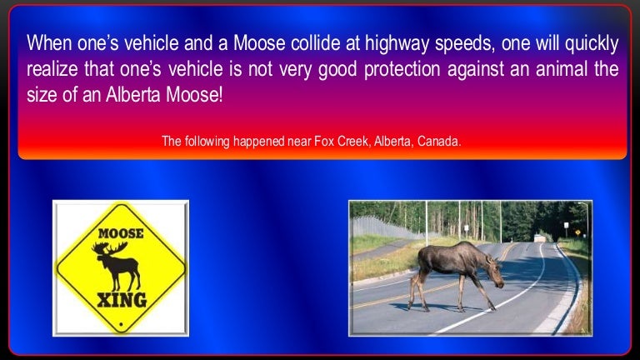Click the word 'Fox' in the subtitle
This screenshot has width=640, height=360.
(323, 142)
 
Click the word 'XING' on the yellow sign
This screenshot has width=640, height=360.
(121, 298)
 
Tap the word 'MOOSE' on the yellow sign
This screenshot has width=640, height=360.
(121, 233)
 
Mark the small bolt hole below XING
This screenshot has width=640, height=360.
(121, 322)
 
